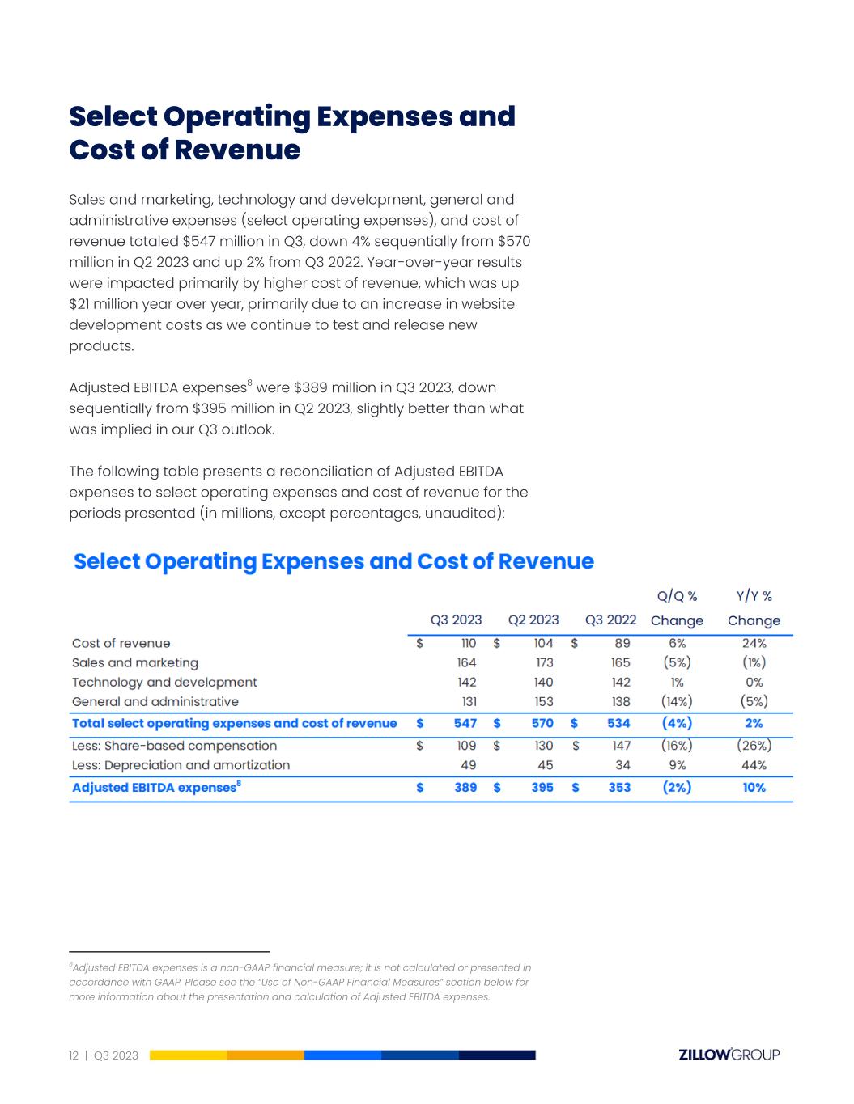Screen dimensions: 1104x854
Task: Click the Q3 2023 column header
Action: pos(456,620)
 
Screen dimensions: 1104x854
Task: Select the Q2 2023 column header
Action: pos(533,620)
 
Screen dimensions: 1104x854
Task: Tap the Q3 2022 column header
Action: pos(610,620)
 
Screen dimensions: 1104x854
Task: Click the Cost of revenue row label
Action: pos(121,644)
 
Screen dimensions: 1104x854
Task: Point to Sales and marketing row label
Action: pos(135,663)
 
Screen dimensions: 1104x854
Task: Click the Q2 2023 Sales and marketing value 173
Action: pos(544,663)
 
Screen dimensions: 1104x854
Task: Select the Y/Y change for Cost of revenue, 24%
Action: pos(754,644)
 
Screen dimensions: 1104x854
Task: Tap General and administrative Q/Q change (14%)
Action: pos(677,702)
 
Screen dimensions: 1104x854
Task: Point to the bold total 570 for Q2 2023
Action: pos(542,723)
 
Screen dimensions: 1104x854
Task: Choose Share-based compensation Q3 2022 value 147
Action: pos(620,746)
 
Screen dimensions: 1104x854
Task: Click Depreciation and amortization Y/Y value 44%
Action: pos(754,765)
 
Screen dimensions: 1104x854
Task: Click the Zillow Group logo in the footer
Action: pos(729,1055)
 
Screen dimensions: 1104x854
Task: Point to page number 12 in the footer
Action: pos(74,1055)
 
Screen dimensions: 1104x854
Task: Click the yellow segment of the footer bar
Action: pos(188,1055)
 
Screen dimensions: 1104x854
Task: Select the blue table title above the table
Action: pos(334,562)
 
